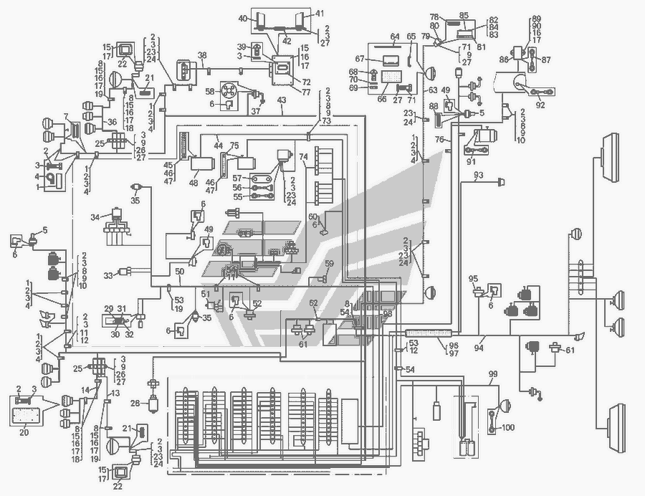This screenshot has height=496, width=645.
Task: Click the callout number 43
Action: coord(283,100)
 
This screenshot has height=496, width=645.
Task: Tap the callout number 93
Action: coord(478,176)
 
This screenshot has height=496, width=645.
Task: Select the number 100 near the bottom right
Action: coord(508,428)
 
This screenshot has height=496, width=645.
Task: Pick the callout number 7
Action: coord(65,116)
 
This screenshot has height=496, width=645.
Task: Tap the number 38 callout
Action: coord(202,55)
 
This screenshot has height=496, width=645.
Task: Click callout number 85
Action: coord(464,15)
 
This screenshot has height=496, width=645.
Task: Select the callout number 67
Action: coord(359,59)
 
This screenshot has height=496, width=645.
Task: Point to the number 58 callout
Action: coord(210,92)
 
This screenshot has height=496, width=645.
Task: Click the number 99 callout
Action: coord(493,375)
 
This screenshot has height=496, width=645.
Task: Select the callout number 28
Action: coord(135,404)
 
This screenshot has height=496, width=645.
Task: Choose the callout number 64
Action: coord(395,36)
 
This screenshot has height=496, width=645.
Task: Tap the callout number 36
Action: coord(112,123)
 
